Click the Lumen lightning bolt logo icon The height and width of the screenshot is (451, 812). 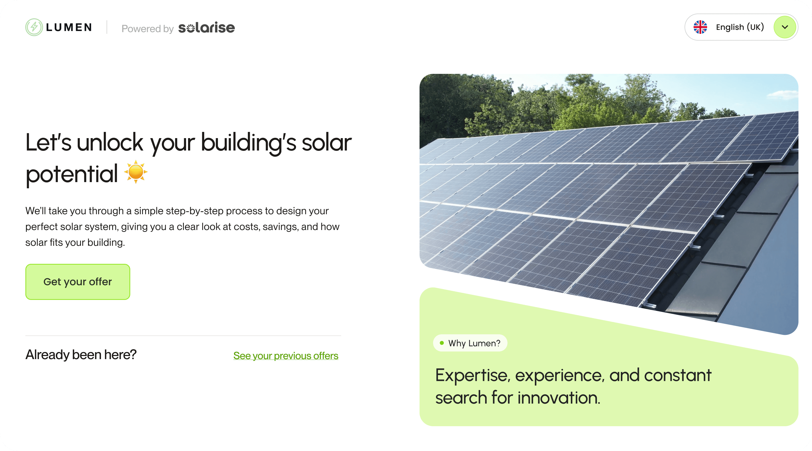pos(34,27)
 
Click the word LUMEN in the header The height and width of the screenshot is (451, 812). pos(69,27)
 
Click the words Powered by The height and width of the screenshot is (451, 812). pos(147,29)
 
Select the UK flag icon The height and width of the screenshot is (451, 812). pos(700,27)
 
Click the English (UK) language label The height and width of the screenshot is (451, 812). pos(740,27)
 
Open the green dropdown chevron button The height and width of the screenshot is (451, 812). pos(785,27)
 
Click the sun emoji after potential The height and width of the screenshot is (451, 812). pos(136,172)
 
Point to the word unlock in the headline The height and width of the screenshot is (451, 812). pos(110,142)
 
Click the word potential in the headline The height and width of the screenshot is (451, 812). pos(72,174)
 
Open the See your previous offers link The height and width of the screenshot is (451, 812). pos(286,355)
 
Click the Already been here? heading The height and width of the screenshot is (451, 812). pos(81,355)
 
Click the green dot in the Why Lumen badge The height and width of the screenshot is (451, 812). pos(442,343)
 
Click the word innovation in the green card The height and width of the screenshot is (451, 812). pos(559,398)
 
